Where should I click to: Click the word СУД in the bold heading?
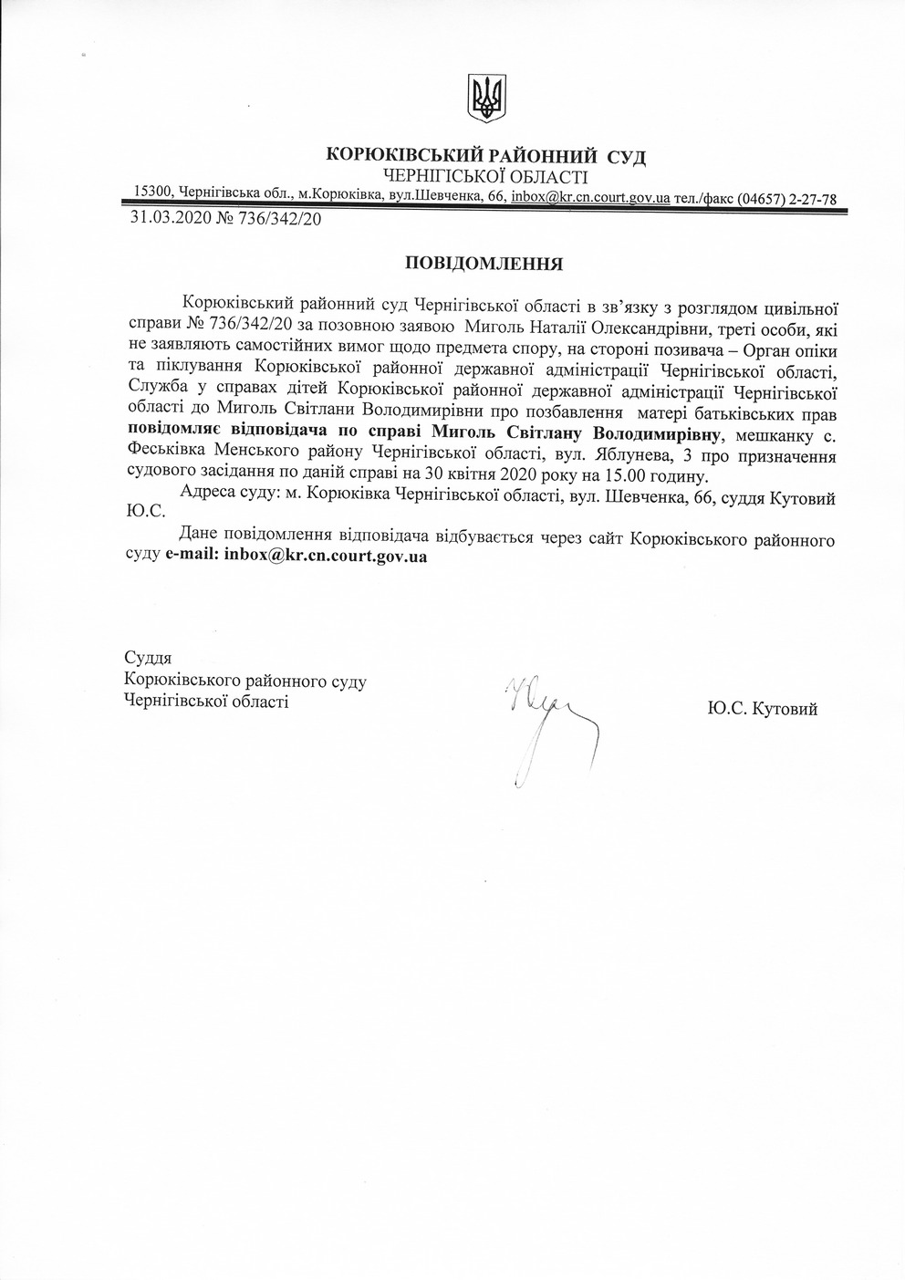pyautogui.click(x=628, y=158)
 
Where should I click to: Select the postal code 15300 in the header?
pyautogui.click(x=153, y=192)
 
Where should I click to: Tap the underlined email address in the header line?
pyautogui.click(x=591, y=197)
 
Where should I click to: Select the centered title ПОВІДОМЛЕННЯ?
pyautogui.click(x=484, y=265)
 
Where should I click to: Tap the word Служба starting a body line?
pyautogui.click(x=152, y=392)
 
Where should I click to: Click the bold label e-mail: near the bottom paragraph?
pyautogui.click(x=192, y=556)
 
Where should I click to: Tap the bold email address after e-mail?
pyautogui.click(x=325, y=556)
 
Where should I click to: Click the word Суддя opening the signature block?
pyautogui.click(x=148, y=658)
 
